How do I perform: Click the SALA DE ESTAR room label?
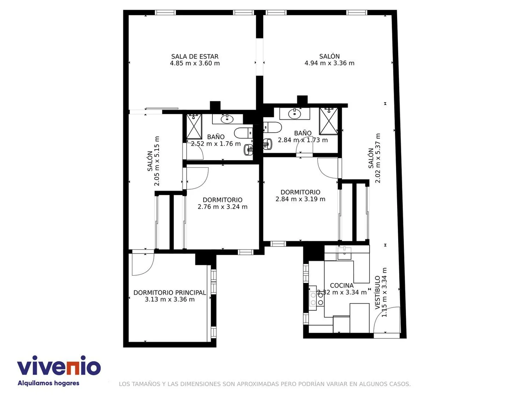click(x=195, y=56)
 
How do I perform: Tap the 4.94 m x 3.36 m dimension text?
click(x=329, y=63)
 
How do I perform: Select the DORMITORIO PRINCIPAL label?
click(x=170, y=293)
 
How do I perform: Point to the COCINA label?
click(x=342, y=286)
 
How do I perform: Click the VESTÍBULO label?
click(x=377, y=293)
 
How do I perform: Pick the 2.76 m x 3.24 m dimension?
click(x=222, y=207)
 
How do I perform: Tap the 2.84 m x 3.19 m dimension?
click(x=300, y=199)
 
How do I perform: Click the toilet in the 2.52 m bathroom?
click(x=243, y=133)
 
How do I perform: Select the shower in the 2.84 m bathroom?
click(x=329, y=121)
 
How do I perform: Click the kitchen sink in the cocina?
click(x=344, y=253)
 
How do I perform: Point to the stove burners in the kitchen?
click(x=316, y=298)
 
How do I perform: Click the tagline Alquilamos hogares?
click(x=49, y=383)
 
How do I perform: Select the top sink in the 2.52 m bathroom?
click(x=226, y=119)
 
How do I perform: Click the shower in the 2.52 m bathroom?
click(x=194, y=127)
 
